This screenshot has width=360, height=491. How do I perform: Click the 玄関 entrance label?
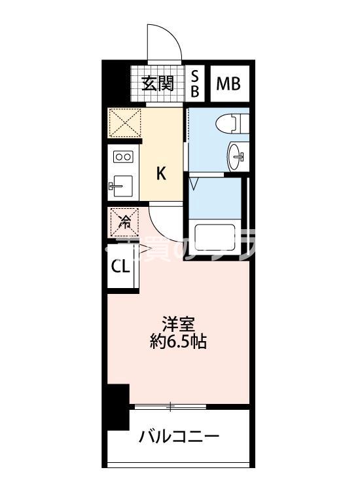tap(156, 83)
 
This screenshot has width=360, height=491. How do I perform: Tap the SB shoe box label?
tap(194, 84)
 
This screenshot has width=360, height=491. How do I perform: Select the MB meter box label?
tap(228, 84)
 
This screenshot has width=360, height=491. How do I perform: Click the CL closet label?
tap(120, 266)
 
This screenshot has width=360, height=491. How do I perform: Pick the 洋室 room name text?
tap(178, 323)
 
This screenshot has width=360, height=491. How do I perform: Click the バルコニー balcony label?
tap(178, 437)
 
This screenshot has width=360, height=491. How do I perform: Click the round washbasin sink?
tap(239, 156)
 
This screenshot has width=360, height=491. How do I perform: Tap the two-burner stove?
tap(123, 156)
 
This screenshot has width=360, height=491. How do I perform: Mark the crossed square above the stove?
tap(124, 122)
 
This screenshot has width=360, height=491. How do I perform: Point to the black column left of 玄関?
tap(115, 82)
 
